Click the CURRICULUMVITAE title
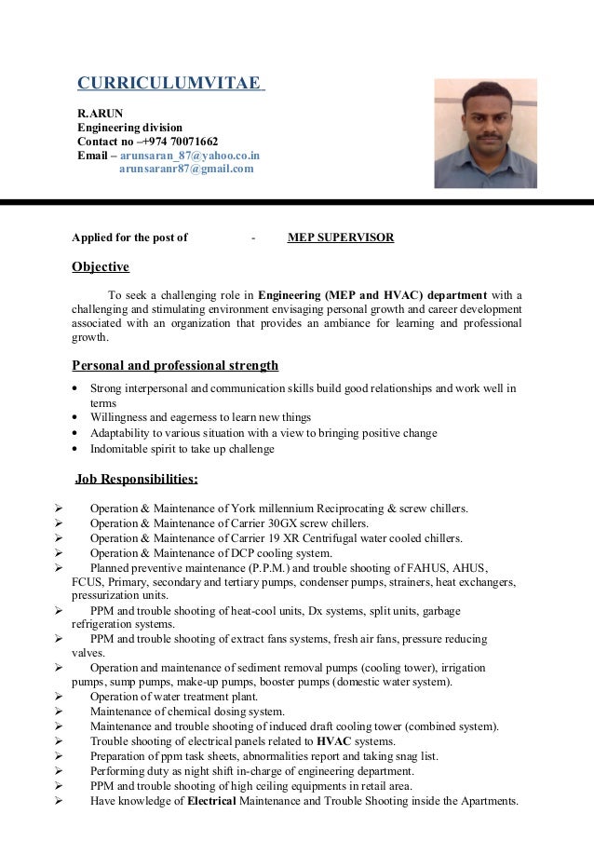169,84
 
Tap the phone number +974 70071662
177,141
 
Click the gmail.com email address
185,170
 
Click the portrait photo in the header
485,132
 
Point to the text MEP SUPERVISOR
340,237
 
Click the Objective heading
101,267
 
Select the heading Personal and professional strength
175,365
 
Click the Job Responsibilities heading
135,480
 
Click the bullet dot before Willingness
75,417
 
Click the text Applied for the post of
130,237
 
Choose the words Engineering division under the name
129,127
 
